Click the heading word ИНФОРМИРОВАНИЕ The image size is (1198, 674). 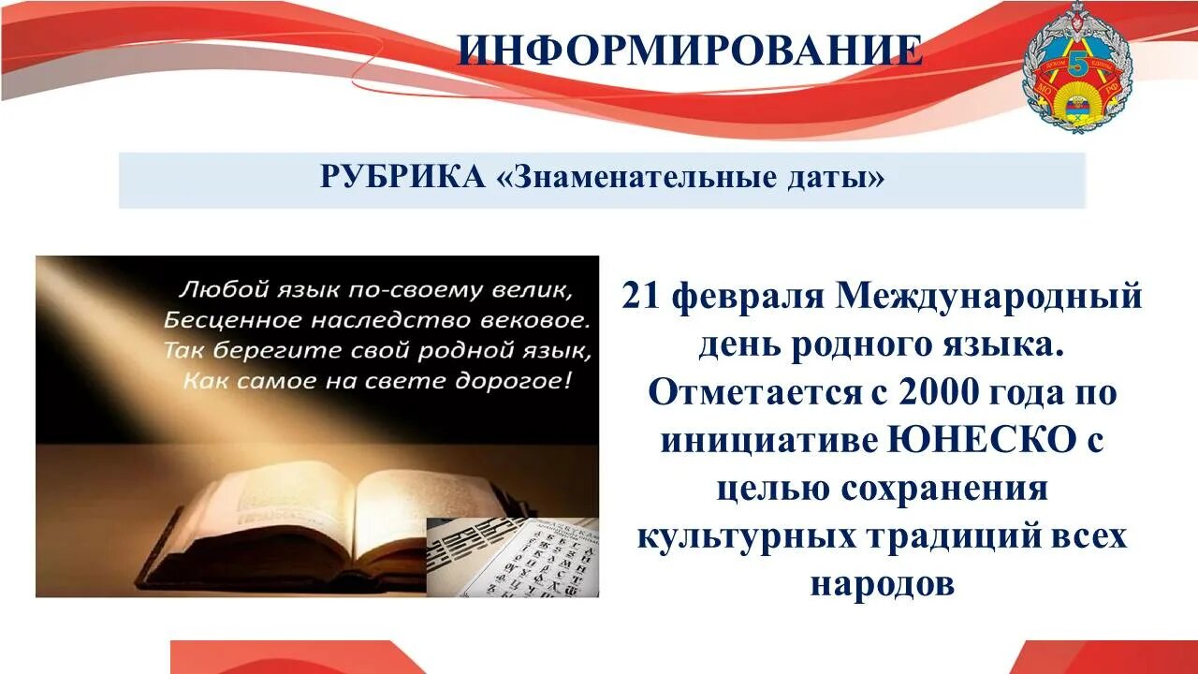[690, 51]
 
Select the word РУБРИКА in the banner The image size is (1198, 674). [402, 176]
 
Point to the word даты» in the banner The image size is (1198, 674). [840, 176]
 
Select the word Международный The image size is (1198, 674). [989, 297]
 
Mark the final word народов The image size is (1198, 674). [882, 584]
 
